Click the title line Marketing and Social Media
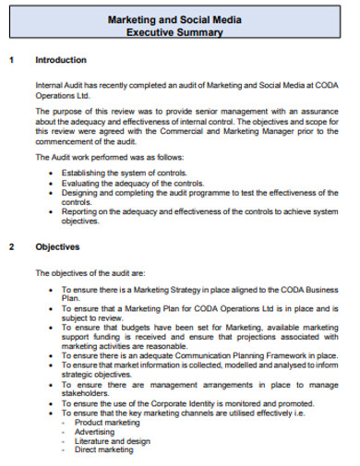(x=179, y=19)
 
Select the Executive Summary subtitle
(x=179, y=32)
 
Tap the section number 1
(x=11, y=60)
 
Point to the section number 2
(x=11, y=247)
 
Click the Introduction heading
(x=61, y=60)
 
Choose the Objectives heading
(x=57, y=247)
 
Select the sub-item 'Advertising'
(x=95, y=432)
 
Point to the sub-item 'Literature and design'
(x=112, y=441)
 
